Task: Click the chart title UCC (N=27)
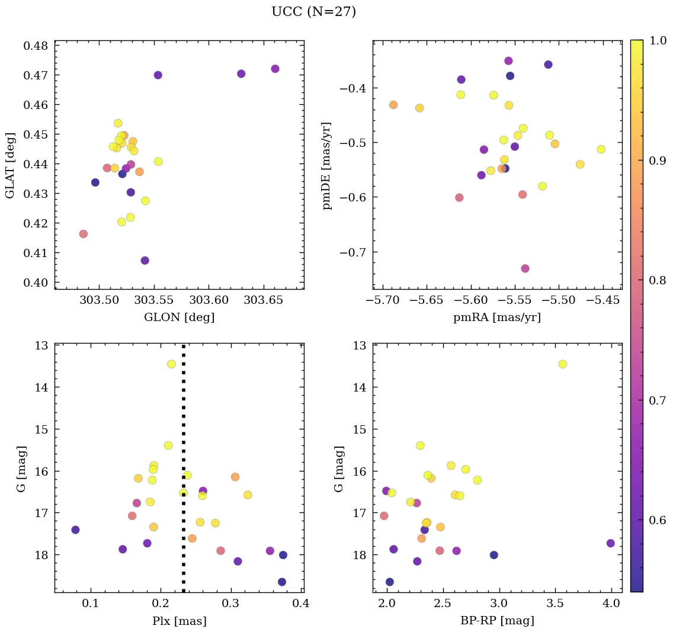[313, 12]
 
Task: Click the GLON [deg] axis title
[179, 317]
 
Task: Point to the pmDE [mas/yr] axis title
[326, 166]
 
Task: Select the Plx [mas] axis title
[179, 621]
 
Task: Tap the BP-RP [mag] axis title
[497, 621]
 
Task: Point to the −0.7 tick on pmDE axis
[355, 252]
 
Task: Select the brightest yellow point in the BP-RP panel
[562, 364]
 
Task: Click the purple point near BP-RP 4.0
[611, 543]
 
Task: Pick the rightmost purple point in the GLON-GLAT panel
[275, 69]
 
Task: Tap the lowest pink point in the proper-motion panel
[525, 268]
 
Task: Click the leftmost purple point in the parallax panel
[75, 530]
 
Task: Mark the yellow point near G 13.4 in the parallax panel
[171, 364]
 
